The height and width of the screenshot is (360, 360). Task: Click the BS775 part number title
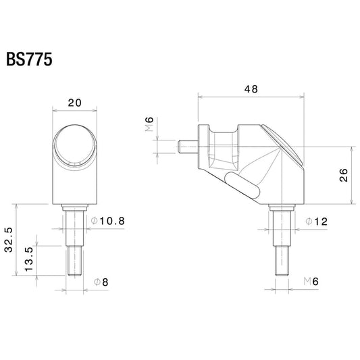point(29,59)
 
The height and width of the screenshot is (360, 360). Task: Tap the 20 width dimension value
point(74,103)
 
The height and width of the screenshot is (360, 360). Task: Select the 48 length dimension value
point(251,89)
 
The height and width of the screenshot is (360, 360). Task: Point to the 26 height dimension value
point(344,175)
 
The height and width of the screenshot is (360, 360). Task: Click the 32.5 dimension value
point(9,240)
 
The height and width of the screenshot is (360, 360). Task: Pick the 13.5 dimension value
point(29,259)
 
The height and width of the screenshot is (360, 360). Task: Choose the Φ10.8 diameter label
point(107,221)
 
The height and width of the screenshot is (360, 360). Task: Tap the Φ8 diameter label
point(101,282)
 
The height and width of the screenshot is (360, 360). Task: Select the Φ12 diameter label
point(316,222)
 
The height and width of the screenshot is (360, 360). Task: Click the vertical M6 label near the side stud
point(149,124)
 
